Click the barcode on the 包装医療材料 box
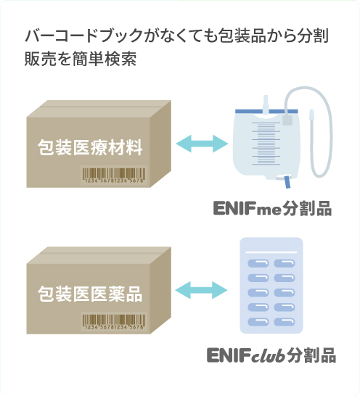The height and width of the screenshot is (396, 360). coord(114,176)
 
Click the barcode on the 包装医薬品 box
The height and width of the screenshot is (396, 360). coord(114,322)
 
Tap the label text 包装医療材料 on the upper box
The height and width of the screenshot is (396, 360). coord(90,147)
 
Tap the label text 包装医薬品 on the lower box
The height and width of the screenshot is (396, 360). coord(90,294)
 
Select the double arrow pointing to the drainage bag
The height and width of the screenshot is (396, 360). coord(202,144)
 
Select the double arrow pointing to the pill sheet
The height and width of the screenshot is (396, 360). coord(201,290)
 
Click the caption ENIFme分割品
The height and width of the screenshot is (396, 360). coord(272,209)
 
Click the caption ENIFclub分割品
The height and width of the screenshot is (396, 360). coord(271,355)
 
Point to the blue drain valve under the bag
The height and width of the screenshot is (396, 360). coord(287,182)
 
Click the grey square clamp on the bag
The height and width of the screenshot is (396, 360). coord(287,120)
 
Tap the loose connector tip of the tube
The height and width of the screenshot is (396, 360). coord(311,115)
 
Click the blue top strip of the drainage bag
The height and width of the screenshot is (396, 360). coord(266,112)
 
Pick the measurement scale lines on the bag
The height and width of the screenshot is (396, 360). coord(266,144)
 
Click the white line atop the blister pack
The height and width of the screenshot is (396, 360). coord(271,252)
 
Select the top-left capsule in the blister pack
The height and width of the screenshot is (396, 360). coord(258,263)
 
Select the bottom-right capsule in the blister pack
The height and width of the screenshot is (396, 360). coord(285,322)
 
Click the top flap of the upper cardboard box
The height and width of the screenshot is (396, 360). coord(99,109)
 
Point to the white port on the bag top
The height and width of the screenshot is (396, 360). coord(266,106)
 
